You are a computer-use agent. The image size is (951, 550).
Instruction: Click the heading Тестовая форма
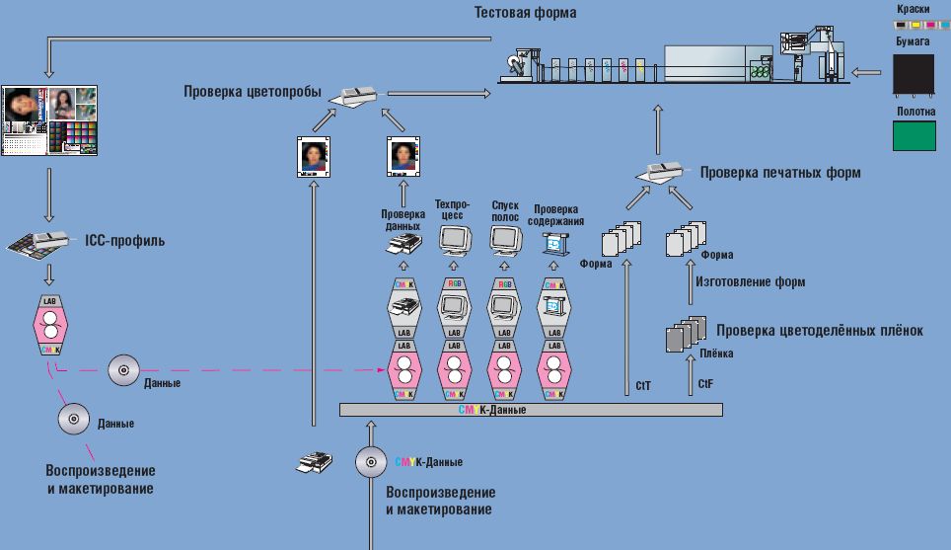(524, 13)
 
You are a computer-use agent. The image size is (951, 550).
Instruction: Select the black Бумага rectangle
(914, 73)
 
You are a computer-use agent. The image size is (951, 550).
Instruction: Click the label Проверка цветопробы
(253, 92)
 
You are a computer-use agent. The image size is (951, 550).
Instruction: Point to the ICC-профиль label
(123, 240)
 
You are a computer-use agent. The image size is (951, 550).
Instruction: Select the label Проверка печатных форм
(780, 172)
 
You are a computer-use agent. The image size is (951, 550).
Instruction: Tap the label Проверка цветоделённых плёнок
(820, 331)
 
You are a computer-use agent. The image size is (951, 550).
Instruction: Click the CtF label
(705, 382)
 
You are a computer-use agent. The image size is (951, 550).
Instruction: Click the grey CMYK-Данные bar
(531, 409)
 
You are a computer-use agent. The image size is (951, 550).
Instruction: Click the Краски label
(914, 8)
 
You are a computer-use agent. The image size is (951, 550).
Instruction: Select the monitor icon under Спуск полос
(504, 240)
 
